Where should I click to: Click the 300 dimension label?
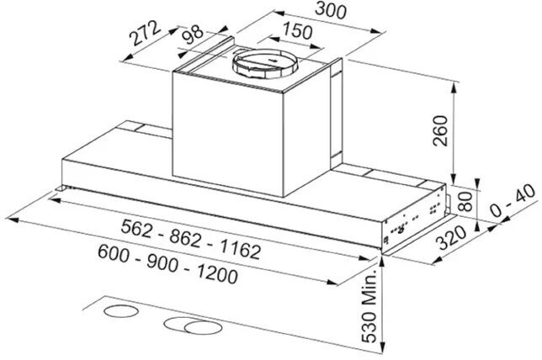point(308,11)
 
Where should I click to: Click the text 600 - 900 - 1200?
point(167,263)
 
